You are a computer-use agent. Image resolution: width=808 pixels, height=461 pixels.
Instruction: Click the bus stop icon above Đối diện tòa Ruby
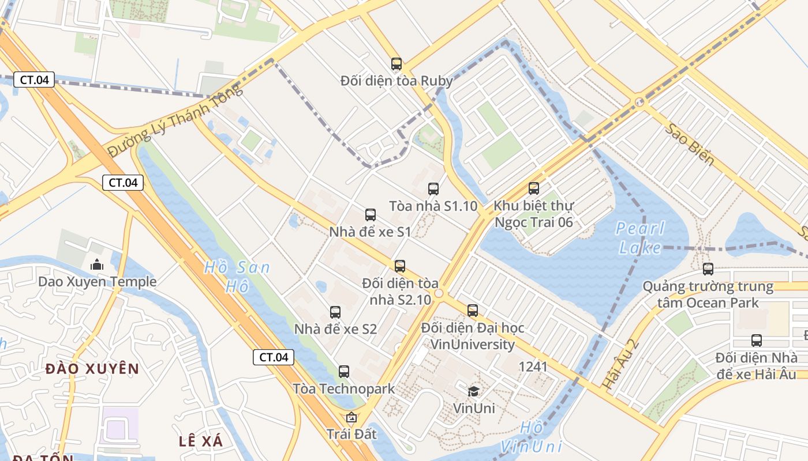[396, 64]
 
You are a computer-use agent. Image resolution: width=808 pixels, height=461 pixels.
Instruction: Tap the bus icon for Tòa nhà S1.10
[433, 188]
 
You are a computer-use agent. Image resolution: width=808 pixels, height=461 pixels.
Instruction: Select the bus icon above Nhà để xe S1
[371, 215]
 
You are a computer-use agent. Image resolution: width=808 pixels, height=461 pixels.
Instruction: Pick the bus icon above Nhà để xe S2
[335, 312]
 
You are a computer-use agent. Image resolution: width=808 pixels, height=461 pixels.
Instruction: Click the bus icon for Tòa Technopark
[344, 372]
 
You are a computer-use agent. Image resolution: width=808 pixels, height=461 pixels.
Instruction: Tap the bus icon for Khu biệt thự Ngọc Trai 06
[534, 188]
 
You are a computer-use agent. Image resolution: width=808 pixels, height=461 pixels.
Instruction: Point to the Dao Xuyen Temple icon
[97, 264]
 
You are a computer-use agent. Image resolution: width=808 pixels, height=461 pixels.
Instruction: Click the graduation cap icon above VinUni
[473, 391]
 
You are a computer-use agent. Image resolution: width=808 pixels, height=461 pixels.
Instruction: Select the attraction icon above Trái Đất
[351, 417]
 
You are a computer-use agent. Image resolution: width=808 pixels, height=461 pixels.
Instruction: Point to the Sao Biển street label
[689, 144]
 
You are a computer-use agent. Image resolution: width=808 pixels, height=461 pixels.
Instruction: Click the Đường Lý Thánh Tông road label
[175, 120]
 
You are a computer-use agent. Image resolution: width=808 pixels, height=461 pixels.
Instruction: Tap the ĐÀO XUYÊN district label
[92, 369]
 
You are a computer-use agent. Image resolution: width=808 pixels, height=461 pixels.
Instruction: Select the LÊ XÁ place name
[200, 441]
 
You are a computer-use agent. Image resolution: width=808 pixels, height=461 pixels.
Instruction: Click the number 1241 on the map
[533, 366]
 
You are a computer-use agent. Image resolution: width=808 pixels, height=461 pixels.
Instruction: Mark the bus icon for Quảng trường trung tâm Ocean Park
[708, 269]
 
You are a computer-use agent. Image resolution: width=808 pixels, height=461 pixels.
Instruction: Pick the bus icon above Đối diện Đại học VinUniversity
[473, 311]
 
